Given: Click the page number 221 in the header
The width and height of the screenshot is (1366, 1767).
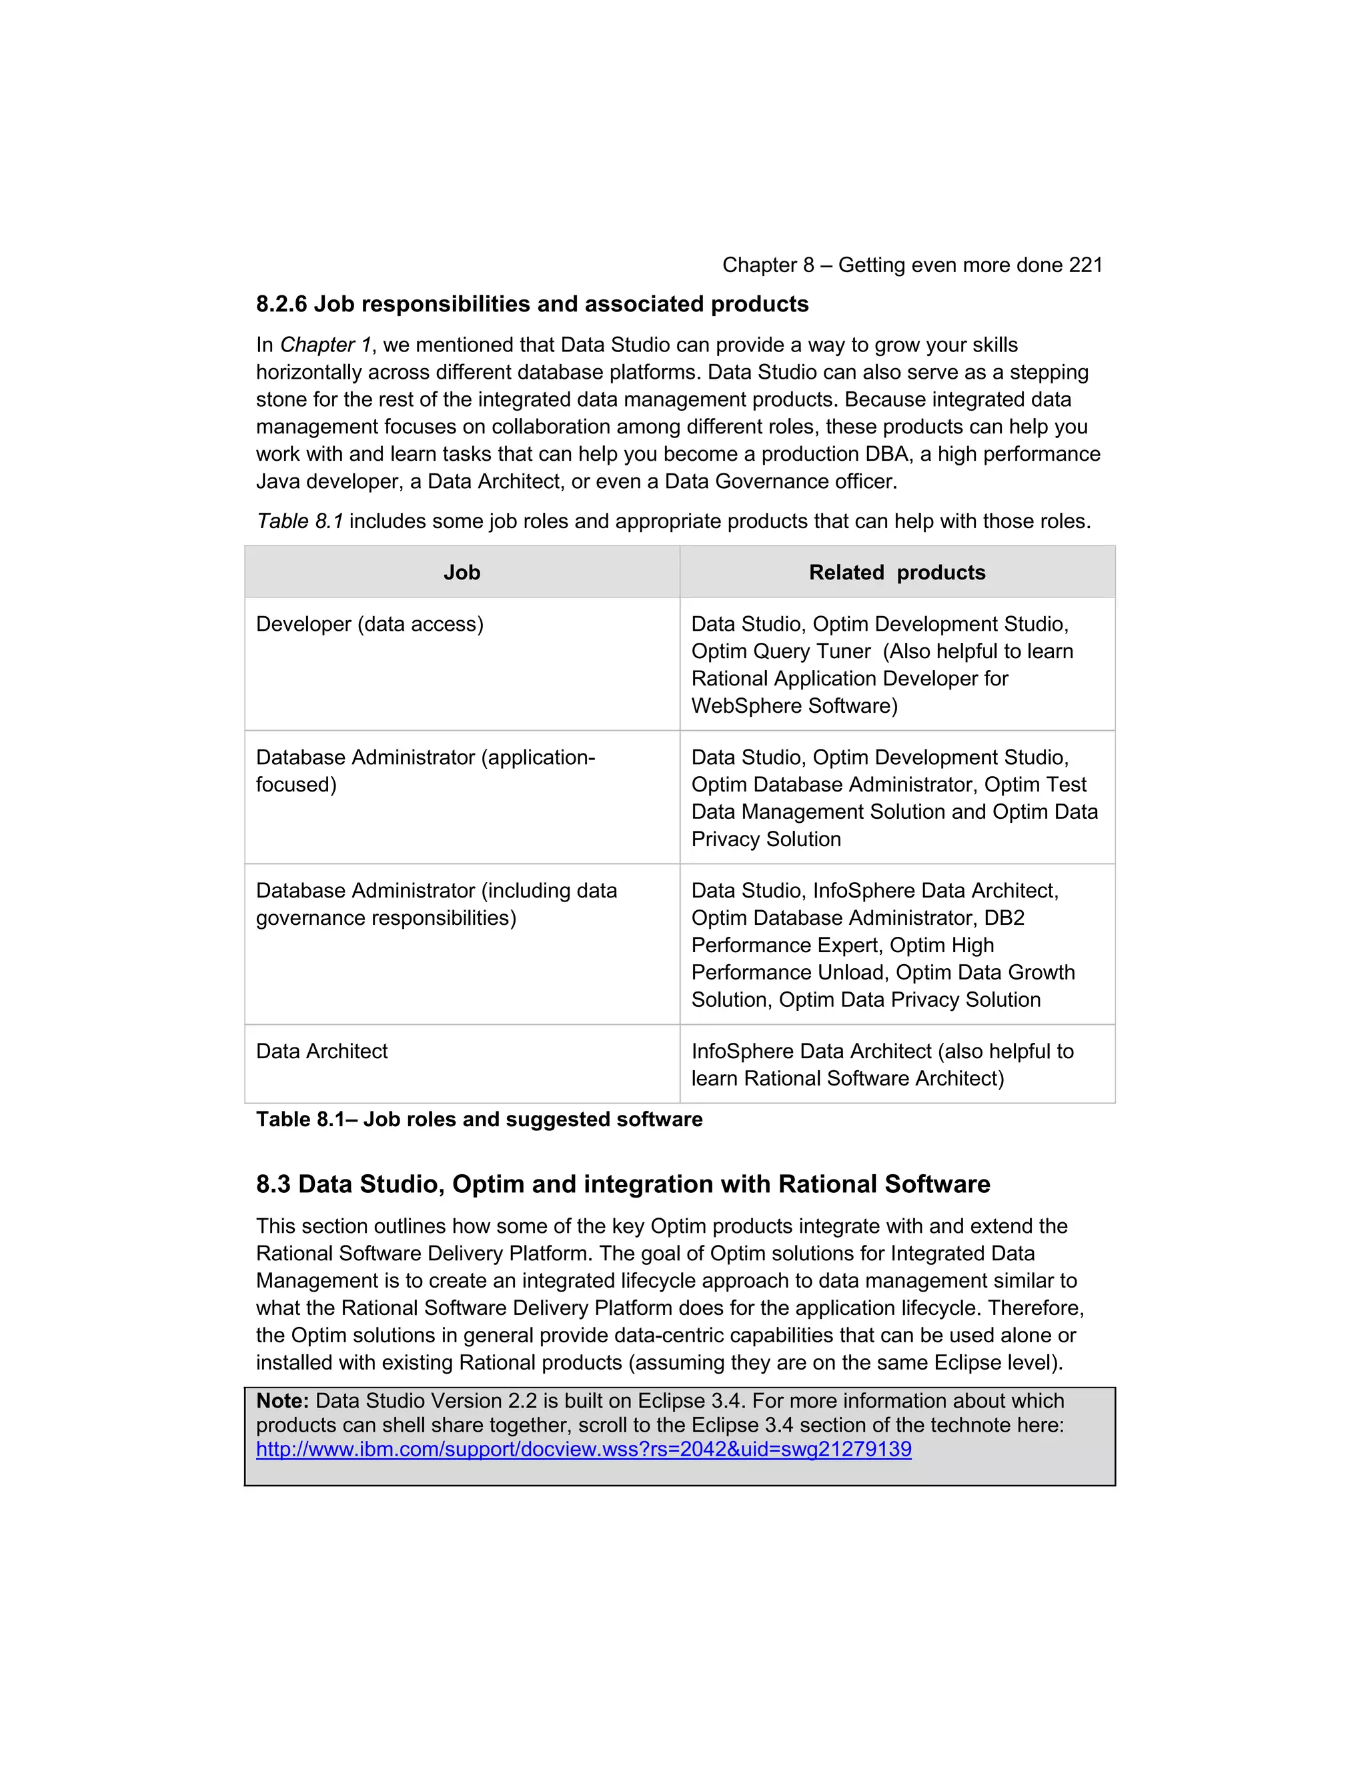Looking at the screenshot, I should point(1085,265).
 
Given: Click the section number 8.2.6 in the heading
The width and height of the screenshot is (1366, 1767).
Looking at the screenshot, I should point(281,304).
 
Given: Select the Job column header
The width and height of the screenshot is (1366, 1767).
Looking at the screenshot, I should point(462,573).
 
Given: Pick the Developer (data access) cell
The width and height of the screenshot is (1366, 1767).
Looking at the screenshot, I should point(370,625).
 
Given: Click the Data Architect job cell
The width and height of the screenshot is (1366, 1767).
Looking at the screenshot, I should point(322,1052).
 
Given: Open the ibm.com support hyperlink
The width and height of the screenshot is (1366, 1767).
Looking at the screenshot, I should point(584,1449).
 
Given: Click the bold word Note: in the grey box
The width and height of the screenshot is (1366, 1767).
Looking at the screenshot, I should point(282,1400).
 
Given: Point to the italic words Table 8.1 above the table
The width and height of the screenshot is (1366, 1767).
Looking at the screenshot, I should point(299,521).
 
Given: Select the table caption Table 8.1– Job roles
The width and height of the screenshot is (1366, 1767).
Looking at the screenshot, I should point(479,1120).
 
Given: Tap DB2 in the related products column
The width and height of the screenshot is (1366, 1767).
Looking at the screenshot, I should point(1004,918).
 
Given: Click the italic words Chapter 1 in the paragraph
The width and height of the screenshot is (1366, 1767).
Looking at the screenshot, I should point(325,345).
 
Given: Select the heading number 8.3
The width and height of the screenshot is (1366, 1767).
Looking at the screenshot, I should point(273,1184).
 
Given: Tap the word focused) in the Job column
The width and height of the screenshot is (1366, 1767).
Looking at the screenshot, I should point(296,785).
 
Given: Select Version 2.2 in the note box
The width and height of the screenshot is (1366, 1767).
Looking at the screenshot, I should point(473,1400).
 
